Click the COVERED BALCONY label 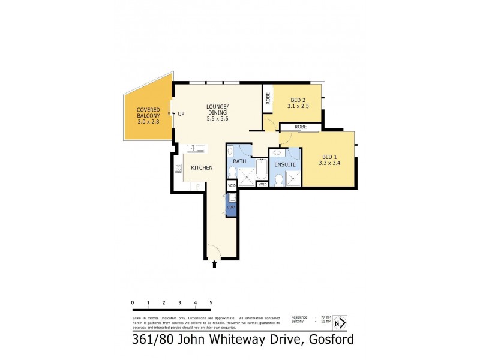coord(148,112)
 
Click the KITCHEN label coord(202,168)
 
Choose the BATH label coord(240,161)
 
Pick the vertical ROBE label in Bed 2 coord(268,99)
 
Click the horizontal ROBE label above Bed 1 coord(301,127)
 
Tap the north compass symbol coord(340,323)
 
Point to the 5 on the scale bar coord(211,302)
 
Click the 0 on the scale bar coord(132,302)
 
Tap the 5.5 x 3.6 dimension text coord(218,119)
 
